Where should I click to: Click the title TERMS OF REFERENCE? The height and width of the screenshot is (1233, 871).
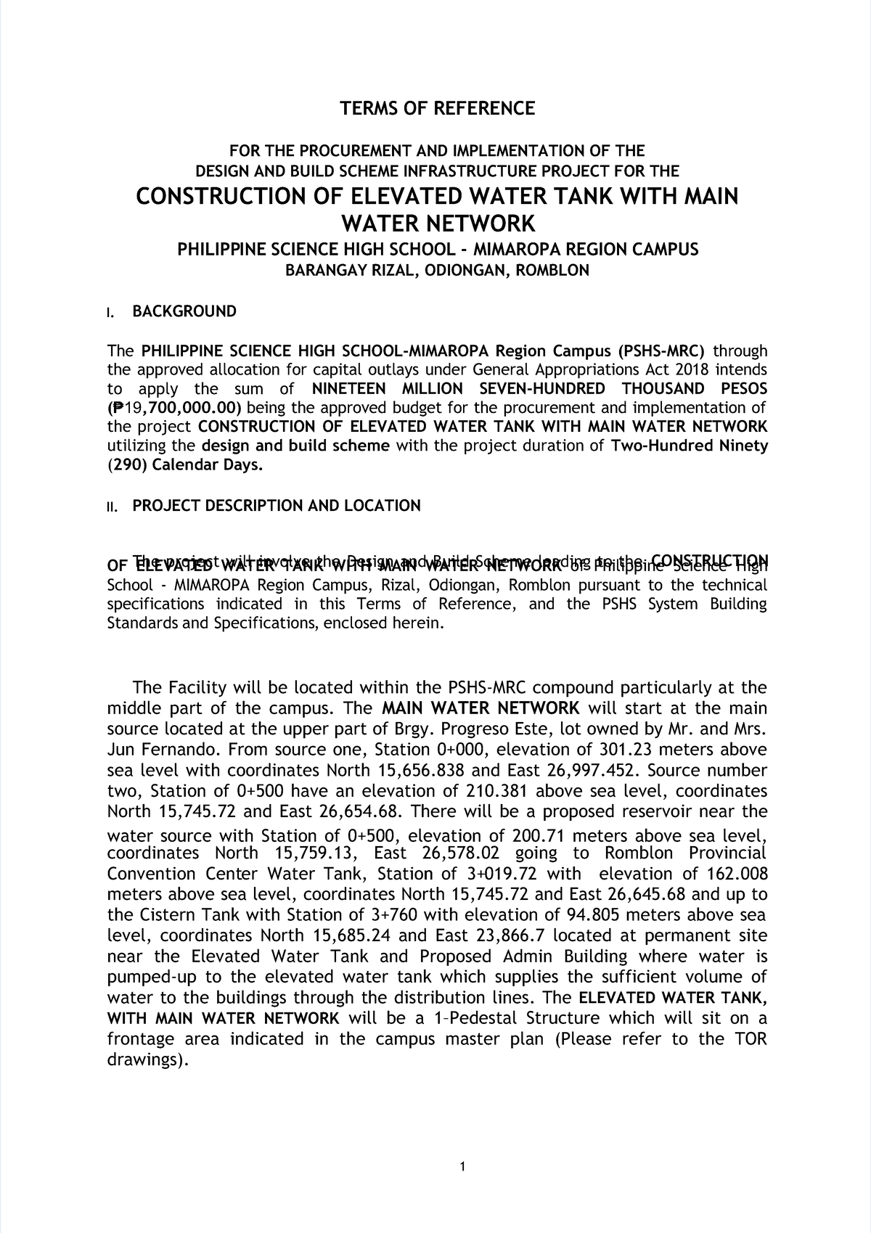click(x=437, y=109)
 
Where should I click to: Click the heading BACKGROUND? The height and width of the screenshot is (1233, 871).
click(x=184, y=311)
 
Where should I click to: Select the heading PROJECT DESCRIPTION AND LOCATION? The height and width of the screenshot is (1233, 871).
click(x=276, y=506)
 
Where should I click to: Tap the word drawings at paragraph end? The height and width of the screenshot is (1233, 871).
click(x=145, y=1060)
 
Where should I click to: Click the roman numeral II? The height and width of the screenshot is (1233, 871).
click(x=111, y=507)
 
